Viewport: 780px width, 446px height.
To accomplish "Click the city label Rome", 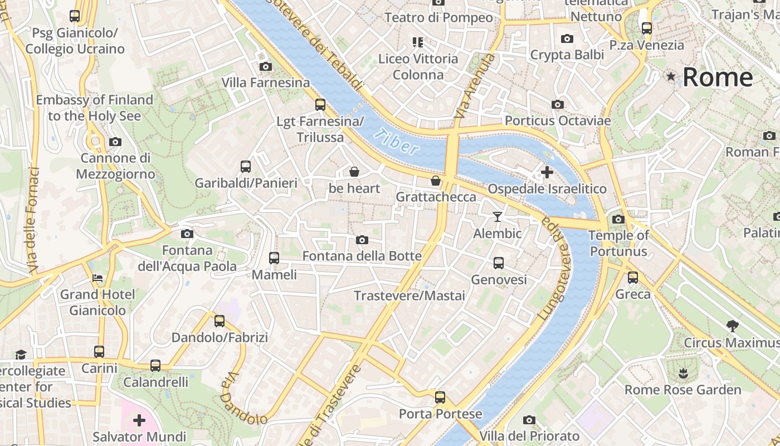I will tap(718, 77).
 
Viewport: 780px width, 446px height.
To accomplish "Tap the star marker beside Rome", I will tap(671, 76).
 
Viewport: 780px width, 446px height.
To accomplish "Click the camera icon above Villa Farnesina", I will tap(266, 67).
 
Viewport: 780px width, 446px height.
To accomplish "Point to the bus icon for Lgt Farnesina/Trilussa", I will tap(320, 104).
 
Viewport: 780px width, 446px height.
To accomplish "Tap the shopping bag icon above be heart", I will tap(354, 172).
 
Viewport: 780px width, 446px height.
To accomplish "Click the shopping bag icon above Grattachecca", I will tap(436, 181).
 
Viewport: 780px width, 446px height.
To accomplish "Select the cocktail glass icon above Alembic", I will tap(498, 217).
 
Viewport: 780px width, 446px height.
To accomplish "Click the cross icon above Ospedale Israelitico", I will tap(547, 172).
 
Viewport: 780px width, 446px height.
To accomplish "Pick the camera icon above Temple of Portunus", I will tap(618, 219).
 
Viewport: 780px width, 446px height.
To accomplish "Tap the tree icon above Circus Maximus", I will tap(732, 326).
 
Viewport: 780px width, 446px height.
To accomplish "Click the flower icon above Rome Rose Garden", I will tap(682, 372).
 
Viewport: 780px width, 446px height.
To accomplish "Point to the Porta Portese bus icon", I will tap(440, 397).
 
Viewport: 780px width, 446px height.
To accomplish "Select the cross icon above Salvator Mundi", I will tap(139, 420).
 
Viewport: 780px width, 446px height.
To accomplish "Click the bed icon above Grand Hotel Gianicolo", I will tap(97, 278).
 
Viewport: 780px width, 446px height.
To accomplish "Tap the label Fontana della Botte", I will tap(362, 256).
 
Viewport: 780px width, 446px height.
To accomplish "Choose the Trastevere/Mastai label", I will tap(409, 295).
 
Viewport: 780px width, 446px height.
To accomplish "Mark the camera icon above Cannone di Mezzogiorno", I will tap(115, 142).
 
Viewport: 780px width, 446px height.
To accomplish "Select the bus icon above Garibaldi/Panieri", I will tap(245, 166).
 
